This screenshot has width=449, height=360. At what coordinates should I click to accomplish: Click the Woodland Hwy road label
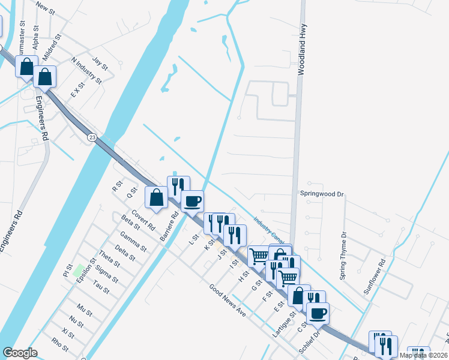(301, 49)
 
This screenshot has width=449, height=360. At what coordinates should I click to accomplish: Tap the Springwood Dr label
(322, 194)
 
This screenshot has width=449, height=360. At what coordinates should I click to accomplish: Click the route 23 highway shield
(92, 137)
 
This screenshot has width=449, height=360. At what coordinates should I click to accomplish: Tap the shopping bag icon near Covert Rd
(156, 197)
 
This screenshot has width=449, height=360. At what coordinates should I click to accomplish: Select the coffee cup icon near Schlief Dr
(318, 312)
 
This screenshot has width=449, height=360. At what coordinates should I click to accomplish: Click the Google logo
(20, 353)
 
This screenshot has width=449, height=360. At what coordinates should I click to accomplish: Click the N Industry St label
(86, 70)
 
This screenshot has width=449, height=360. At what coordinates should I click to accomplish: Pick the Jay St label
(100, 63)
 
